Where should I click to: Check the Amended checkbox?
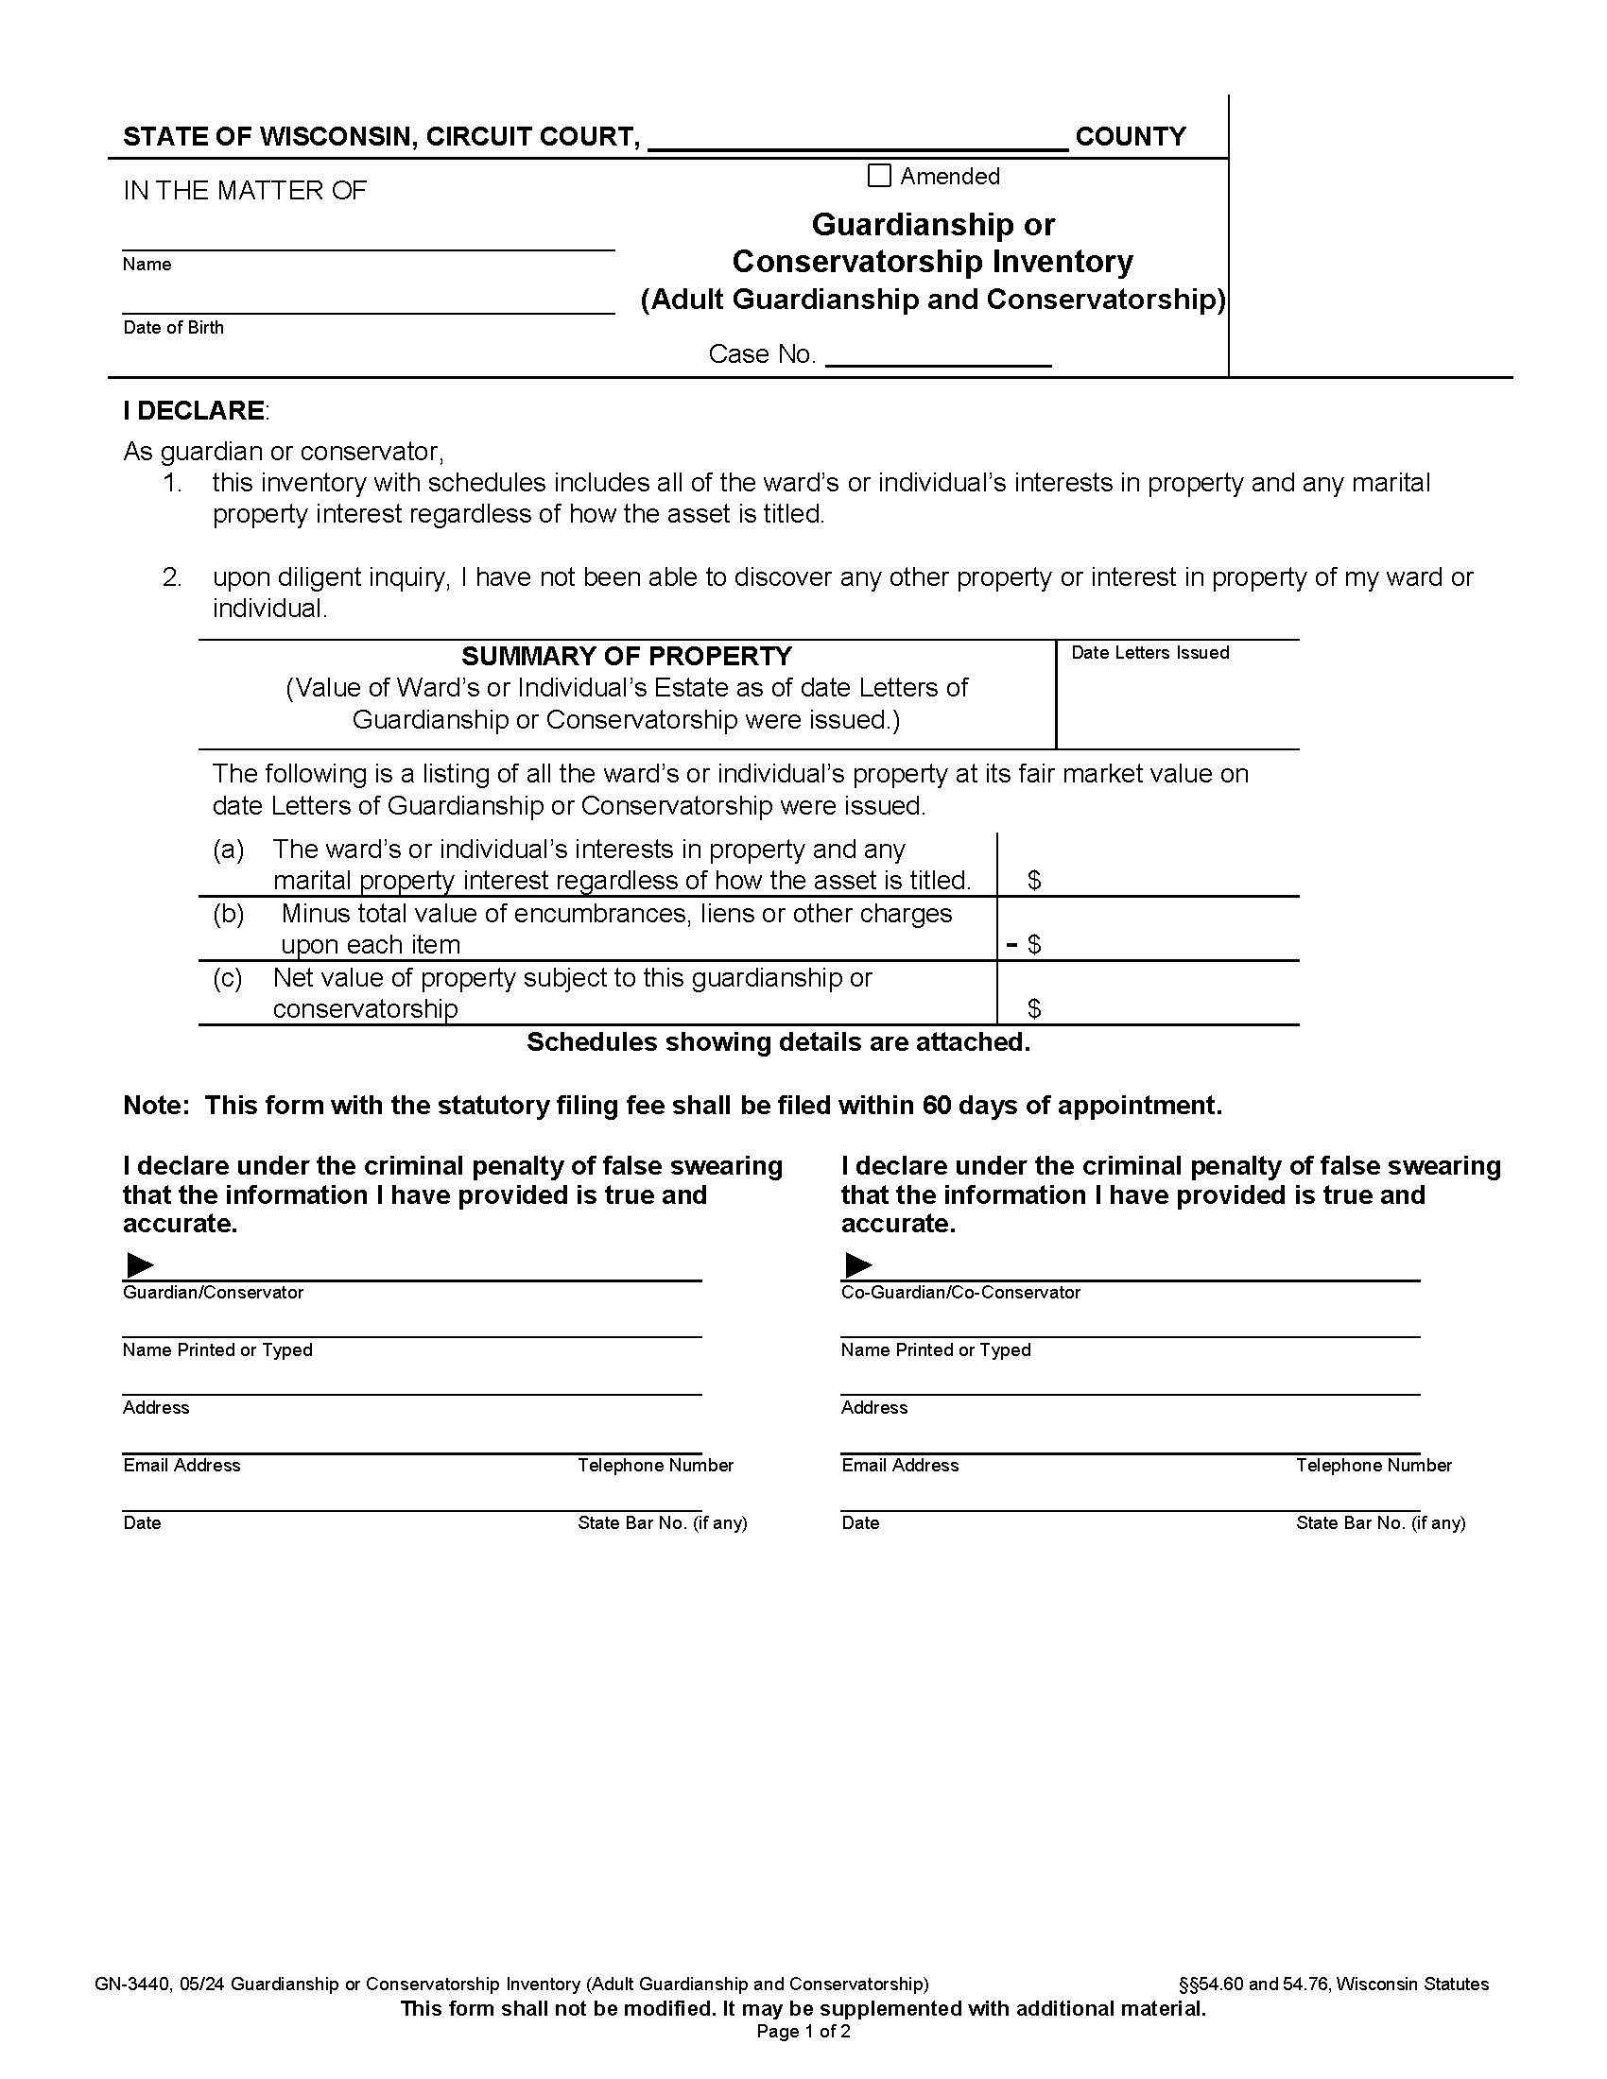click(x=879, y=176)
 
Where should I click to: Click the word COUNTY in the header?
click(x=1130, y=137)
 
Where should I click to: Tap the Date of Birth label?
click(x=173, y=328)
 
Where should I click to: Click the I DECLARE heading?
click(x=194, y=410)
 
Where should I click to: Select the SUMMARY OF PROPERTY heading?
click(x=627, y=656)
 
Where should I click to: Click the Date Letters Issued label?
click(x=1150, y=653)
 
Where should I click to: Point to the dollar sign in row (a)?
click(x=1034, y=881)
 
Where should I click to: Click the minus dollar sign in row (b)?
click(x=1025, y=944)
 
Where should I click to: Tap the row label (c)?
click(x=228, y=978)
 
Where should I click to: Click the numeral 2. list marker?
click(x=172, y=576)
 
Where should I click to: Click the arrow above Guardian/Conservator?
click(x=140, y=1265)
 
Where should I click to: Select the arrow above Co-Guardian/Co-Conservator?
click(x=858, y=1265)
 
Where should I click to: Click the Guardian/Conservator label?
click(x=214, y=1293)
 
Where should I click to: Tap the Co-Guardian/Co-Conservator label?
click(x=960, y=1293)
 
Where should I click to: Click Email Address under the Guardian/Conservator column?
click(x=181, y=1465)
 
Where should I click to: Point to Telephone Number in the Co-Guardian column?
click(x=1373, y=1465)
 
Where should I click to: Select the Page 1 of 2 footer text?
click(x=803, y=2032)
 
